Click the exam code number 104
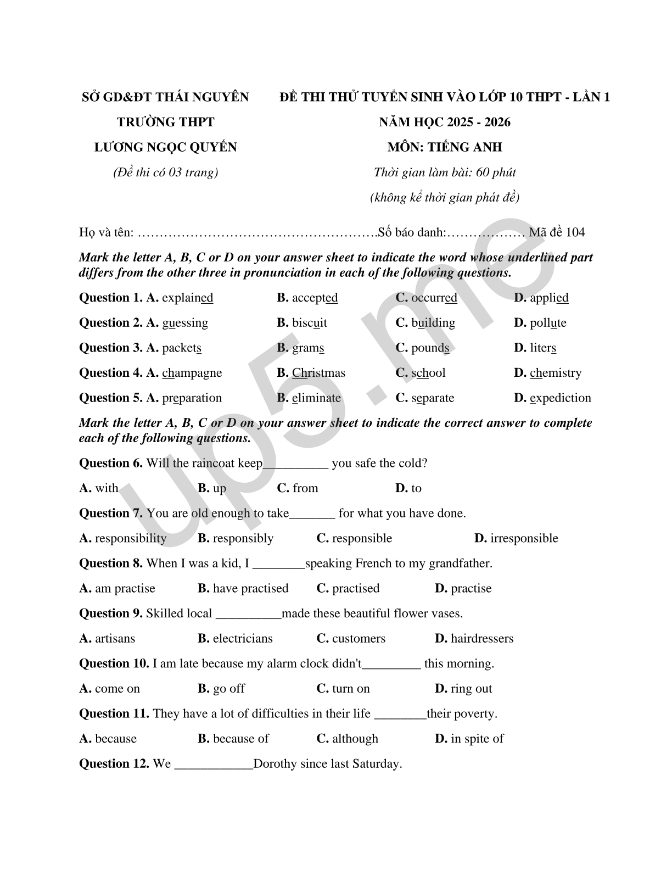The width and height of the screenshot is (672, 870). (575, 232)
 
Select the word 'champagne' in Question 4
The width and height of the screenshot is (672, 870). (192, 373)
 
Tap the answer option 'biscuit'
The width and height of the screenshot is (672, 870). (309, 323)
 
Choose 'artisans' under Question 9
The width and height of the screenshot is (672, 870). (115, 639)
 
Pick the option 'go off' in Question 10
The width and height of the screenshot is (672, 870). (228, 689)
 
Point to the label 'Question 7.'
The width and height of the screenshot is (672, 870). (111, 514)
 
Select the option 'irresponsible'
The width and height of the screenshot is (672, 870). (524, 538)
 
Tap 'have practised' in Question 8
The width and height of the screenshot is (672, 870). (250, 589)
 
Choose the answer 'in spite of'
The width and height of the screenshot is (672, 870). (477, 739)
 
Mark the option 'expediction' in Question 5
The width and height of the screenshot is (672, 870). (561, 398)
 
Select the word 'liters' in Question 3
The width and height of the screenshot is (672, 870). (543, 348)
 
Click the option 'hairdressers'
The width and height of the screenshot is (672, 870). (482, 639)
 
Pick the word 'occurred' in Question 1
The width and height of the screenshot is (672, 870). (434, 298)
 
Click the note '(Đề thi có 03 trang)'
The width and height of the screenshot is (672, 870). (166, 172)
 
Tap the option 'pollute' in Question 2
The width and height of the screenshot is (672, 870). (548, 323)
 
